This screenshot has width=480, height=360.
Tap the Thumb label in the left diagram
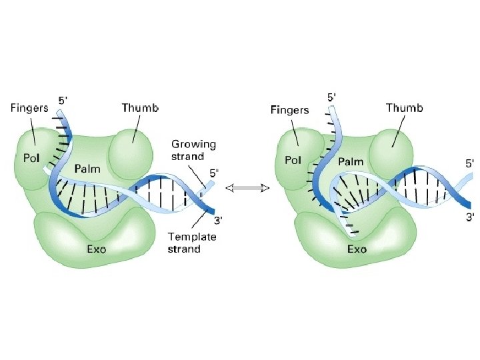[x=140, y=107]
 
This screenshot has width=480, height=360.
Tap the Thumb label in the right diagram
[x=405, y=107]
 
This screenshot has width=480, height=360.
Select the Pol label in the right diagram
[x=293, y=161]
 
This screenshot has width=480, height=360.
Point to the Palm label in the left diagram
[x=87, y=168]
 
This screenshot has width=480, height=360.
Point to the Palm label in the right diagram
[x=350, y=161]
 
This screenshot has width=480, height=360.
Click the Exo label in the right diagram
[x=357, y=249]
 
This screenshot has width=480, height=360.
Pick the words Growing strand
[x=193, y=151]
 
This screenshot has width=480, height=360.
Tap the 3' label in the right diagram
[x=471, y=217]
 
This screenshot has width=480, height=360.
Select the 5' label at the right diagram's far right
[x=471, y=162]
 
